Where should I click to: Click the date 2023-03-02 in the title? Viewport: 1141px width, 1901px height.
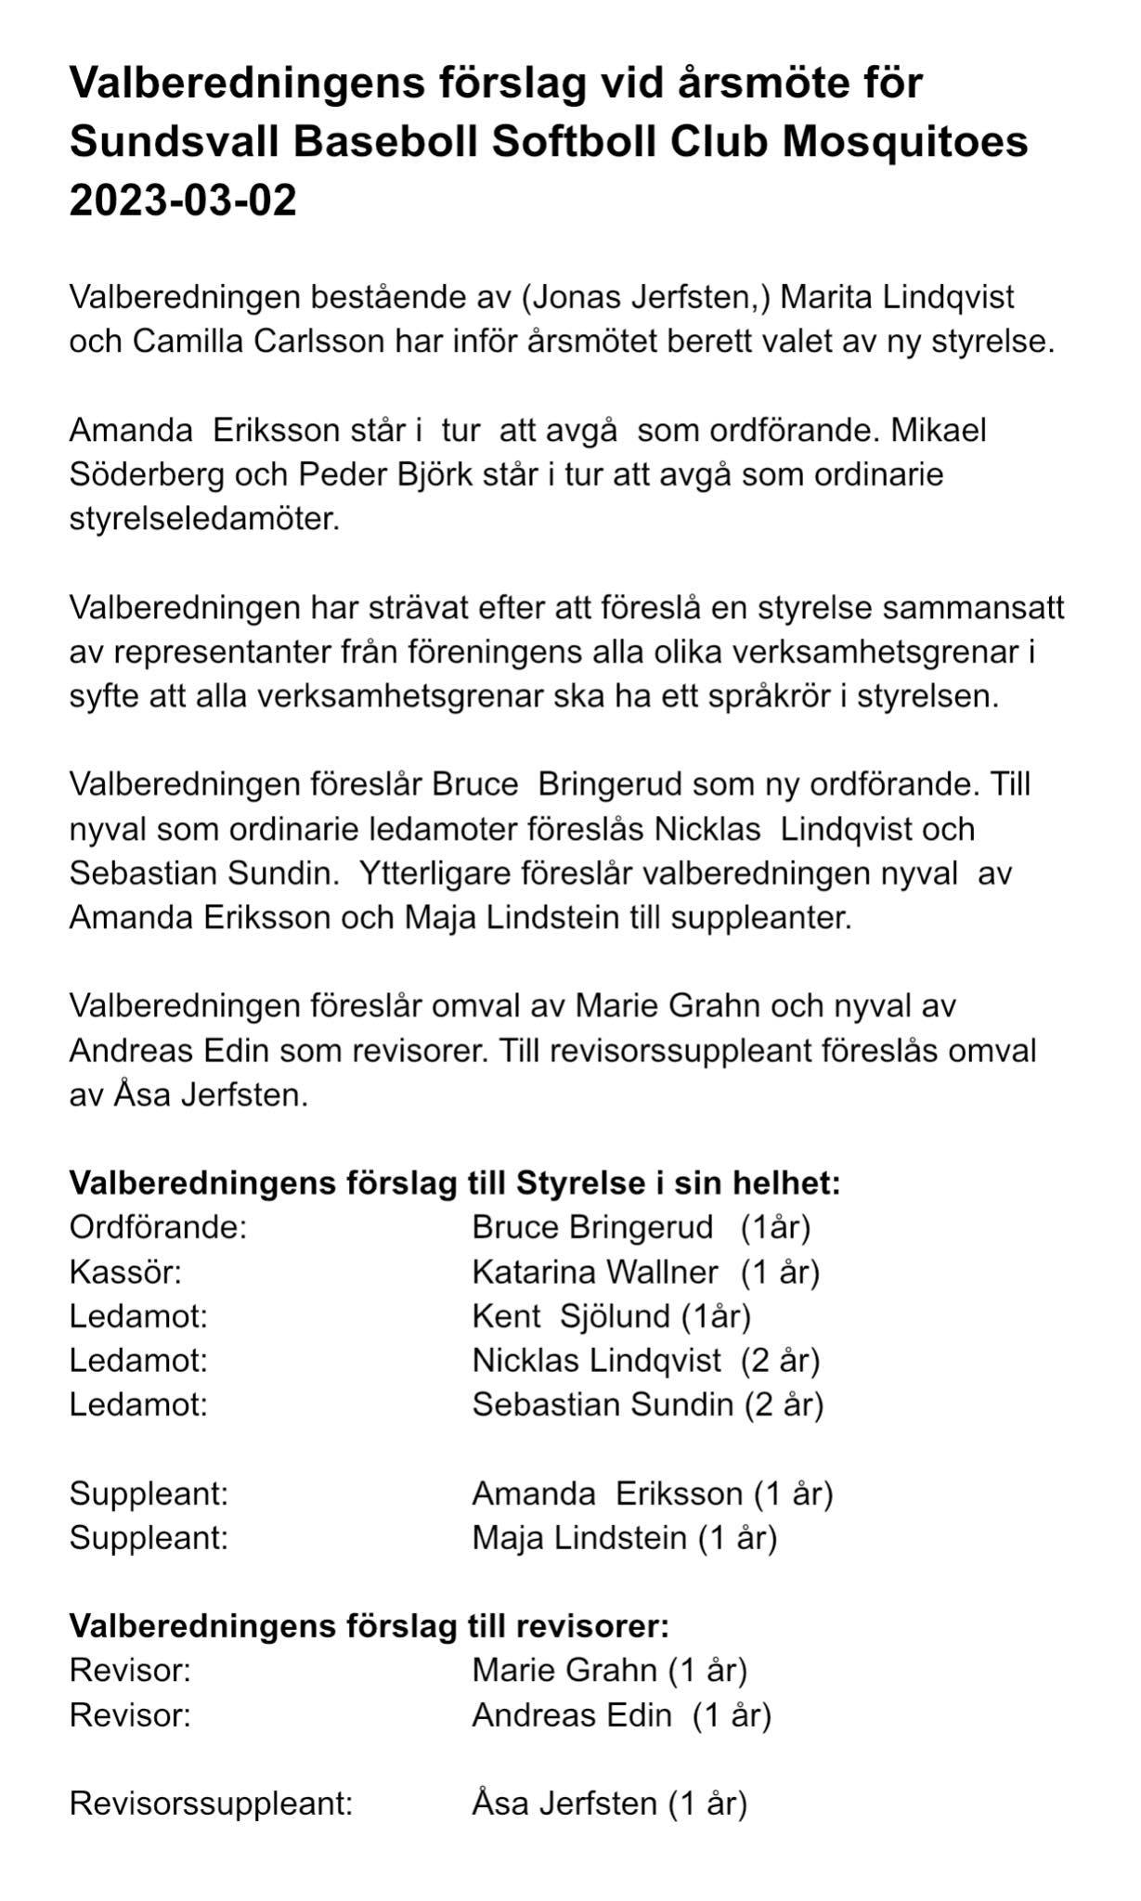[183, 200]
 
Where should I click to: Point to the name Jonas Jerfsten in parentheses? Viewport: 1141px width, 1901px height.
[646, 298]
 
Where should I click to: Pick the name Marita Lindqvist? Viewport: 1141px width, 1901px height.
[898, 298]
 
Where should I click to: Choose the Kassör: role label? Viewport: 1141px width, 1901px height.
[125, 1272]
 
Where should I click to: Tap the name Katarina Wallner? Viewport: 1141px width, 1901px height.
[595, 1272]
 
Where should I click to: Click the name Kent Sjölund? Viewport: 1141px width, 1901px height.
[571, 1316]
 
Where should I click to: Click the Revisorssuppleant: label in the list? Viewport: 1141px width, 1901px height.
[212, 1804]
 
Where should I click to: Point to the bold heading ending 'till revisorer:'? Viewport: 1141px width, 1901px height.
[370, 1626]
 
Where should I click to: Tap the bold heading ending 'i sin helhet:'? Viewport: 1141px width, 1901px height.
[455, 1183]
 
